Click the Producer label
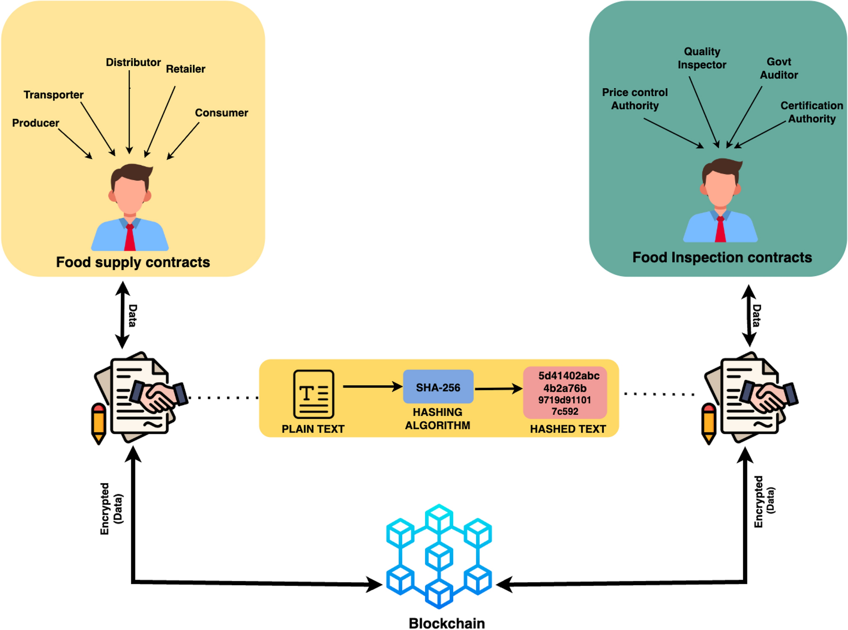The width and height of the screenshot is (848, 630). point(36,123)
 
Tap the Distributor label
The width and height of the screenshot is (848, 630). point(133,63)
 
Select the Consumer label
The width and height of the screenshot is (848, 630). point(221,113)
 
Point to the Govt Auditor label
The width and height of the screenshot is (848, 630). point(779,68)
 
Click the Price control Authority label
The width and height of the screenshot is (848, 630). point(635,99)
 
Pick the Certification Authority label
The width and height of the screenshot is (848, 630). point(811,112)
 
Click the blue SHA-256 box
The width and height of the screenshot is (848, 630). point(438,386)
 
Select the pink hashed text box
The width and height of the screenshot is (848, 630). point(565,393)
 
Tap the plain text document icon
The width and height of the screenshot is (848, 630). point(313,394)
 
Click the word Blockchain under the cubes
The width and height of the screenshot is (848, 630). point(446,623)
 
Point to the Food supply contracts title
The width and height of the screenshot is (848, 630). point(133,262)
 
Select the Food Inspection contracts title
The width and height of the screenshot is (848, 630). point(722,257)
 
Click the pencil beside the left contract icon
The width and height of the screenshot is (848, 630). point(98,423)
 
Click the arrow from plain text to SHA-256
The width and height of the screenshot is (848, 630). point(372,386)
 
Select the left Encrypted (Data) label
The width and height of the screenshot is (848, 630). point(111,509)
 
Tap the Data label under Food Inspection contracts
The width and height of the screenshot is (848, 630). point(756,315)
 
